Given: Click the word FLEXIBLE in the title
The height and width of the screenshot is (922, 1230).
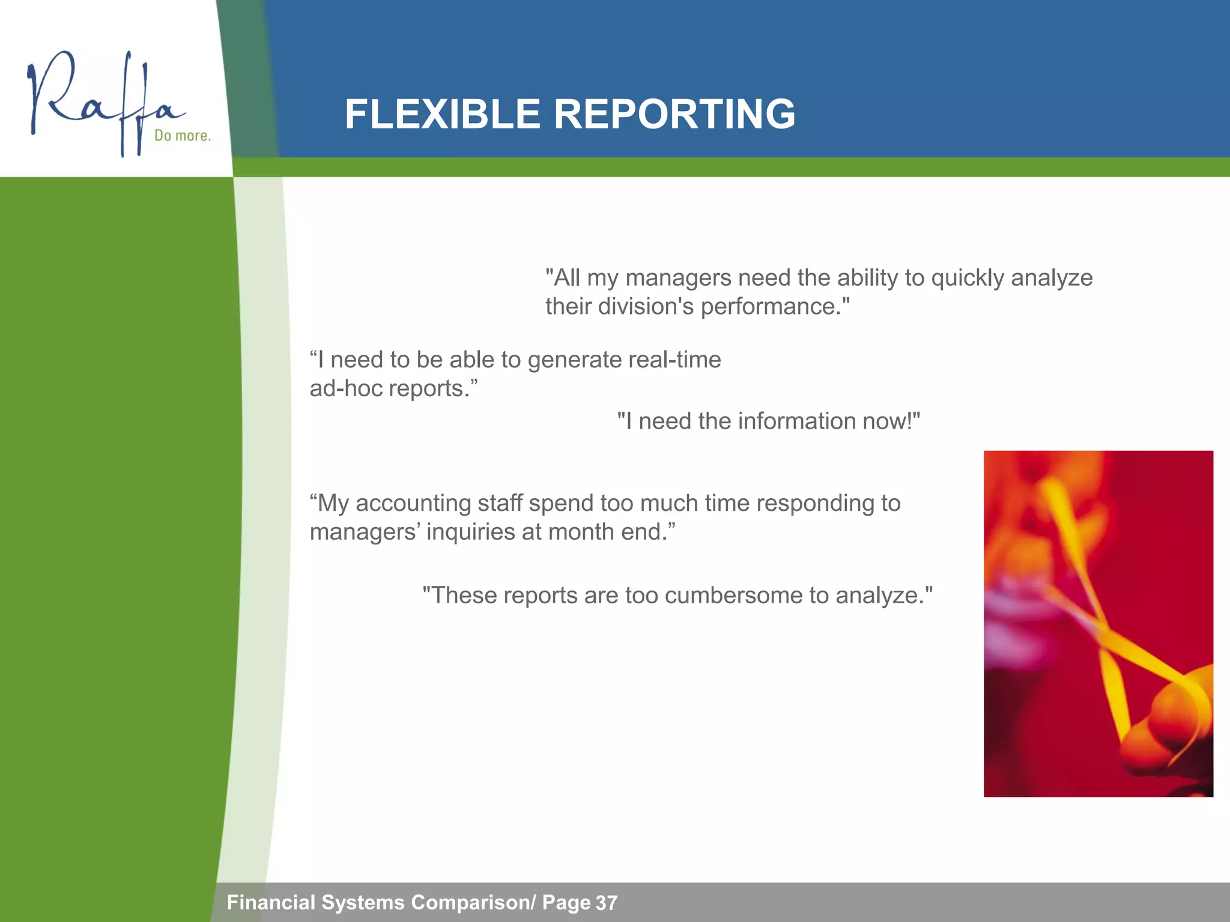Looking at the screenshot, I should [x=442, y=114].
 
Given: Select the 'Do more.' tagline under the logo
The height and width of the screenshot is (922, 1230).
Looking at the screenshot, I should [x=182, y=136].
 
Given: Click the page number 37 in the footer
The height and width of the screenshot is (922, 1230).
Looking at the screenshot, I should [x=606, y=903].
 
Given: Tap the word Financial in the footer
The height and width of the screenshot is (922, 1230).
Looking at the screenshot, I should [x=271, y=902].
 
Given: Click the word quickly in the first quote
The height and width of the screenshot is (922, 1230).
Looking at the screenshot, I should [x=967, y=278].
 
